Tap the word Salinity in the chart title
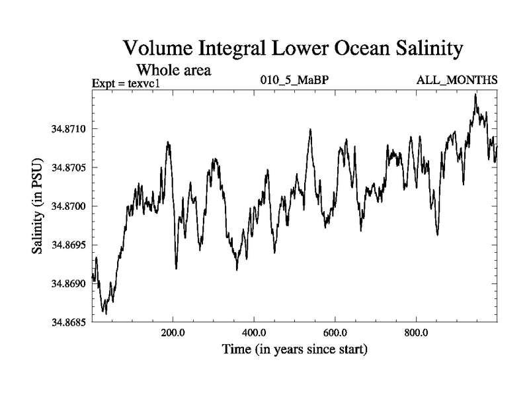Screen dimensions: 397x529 tap(417, 50)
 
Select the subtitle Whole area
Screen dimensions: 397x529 tap(173, 69)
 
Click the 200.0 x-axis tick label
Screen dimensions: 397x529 tap(173, 332)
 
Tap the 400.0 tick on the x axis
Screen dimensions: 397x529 tap(254, 332)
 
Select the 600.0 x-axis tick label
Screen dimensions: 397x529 tap(335, 332)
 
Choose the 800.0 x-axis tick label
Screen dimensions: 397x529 tap(417, 332)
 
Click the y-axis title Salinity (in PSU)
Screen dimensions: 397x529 tap(38, 206)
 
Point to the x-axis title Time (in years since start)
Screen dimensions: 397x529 tap(294, 349)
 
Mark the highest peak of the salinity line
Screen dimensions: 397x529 tap(475, 95)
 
